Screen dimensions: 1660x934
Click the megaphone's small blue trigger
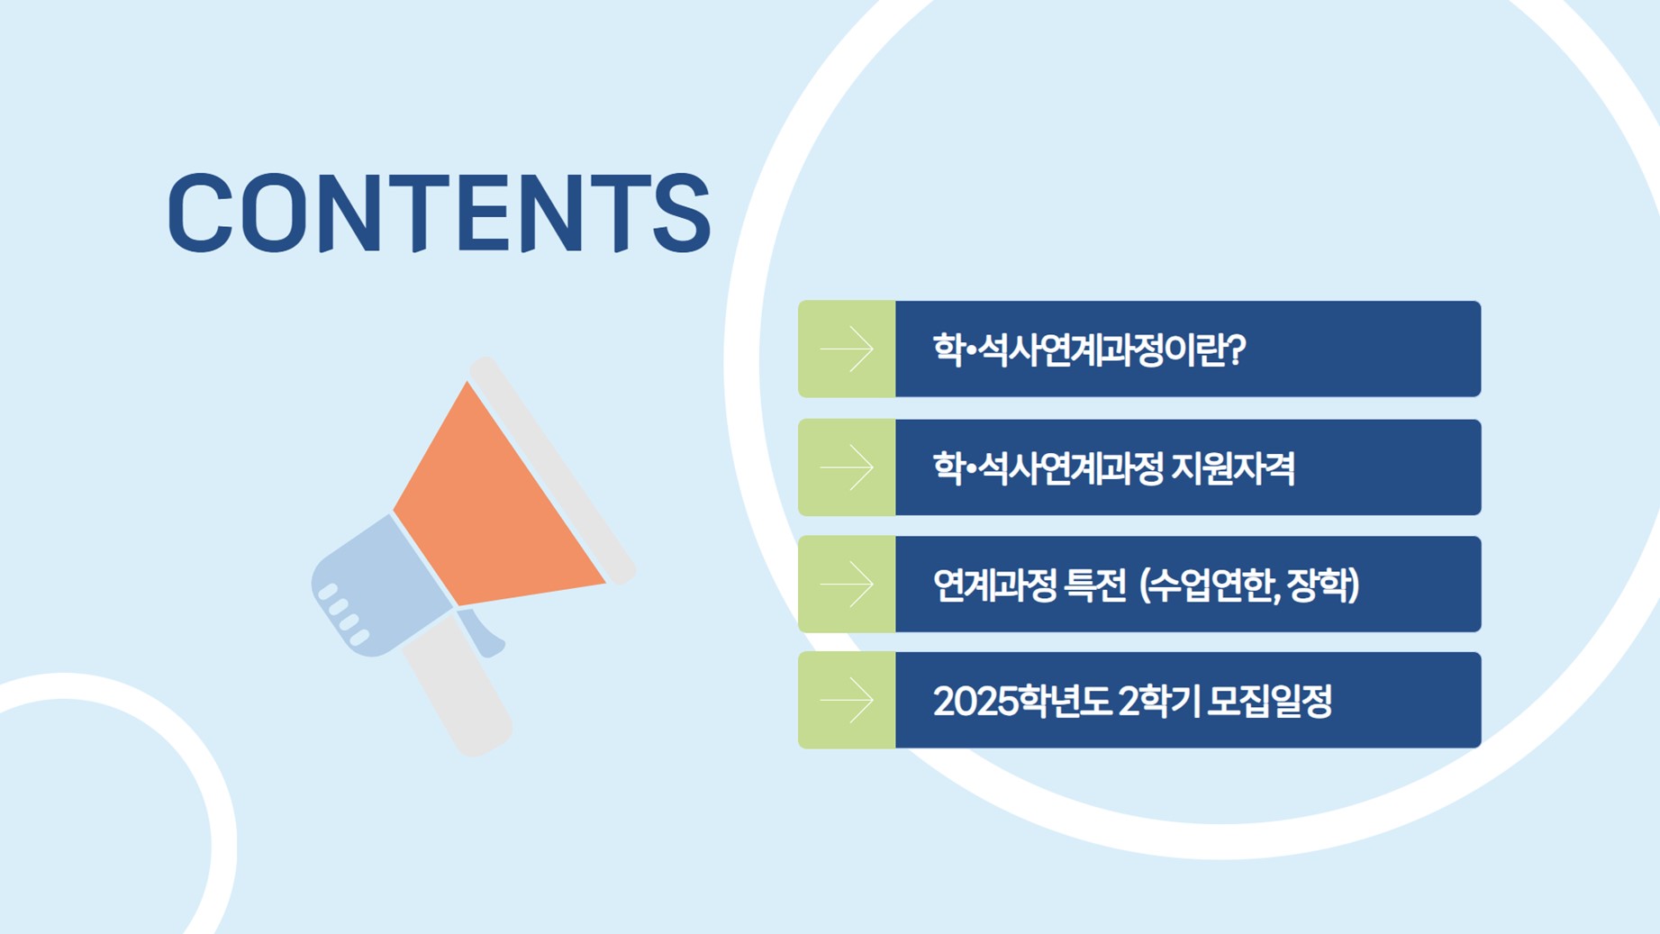point(482,632)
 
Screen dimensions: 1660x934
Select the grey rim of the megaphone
point(552,470)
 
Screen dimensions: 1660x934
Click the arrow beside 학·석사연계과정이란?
point(847,349)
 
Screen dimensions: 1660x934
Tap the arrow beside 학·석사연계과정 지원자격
point(847,467)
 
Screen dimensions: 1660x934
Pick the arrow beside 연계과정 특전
point(847,585)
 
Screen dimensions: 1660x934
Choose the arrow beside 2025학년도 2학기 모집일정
point(847,701)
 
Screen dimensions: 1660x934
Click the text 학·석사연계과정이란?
point(1089,349)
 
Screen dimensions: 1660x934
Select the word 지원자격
point(1233,468)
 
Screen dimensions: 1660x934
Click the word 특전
point(1095,585)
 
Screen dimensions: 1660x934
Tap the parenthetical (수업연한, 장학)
point(1249,585)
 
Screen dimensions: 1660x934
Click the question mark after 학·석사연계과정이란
point(1237,349)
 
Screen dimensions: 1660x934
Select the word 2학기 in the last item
point(1158,701)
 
